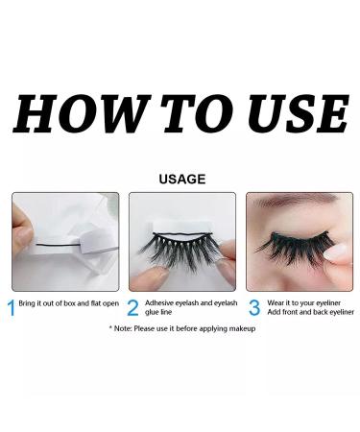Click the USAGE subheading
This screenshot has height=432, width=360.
pos(180,178)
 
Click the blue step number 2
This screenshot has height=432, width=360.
pos(132,307)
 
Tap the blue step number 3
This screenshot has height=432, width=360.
pos(254,307)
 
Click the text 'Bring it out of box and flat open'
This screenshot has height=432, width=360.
pos(66,303)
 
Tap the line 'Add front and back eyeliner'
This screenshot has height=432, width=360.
pos(310,312)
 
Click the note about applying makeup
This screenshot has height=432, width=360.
pos(181,328)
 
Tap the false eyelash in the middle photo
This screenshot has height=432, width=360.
pos(183,254)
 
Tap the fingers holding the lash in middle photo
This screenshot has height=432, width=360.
pos(154,278)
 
